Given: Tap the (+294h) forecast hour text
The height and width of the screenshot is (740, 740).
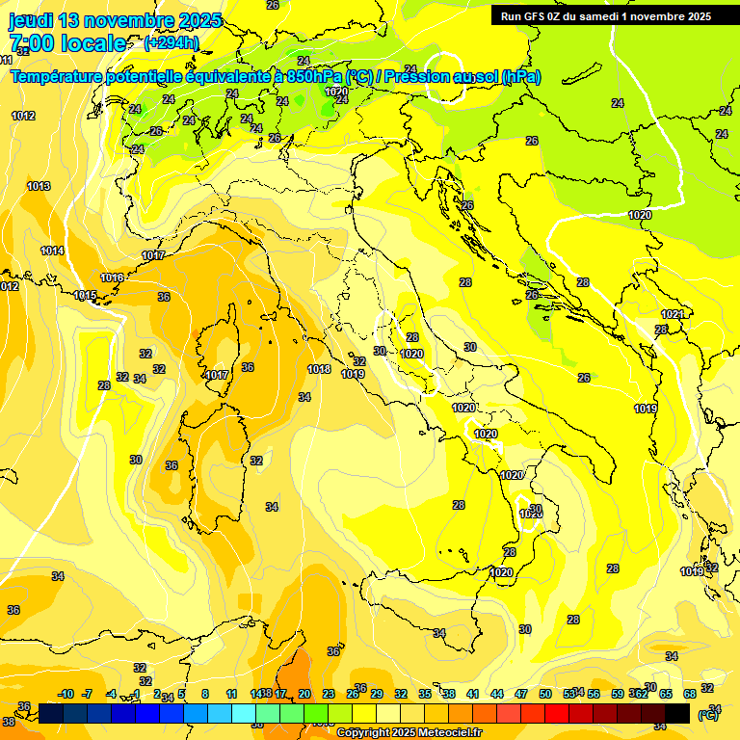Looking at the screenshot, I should pyautogui.click(x=171, y=43).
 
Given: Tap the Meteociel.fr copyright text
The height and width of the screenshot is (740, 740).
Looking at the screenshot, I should pyautogui.click(x=410, y=732).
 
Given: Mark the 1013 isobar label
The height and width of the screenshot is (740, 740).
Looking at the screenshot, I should pyautogui.click(x=39, y=187).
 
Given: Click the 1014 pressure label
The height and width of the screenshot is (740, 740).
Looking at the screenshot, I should pyautogui.click(x=52, y=251).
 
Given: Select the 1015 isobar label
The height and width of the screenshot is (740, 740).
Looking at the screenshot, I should pyautogui.click(x=85, y=296).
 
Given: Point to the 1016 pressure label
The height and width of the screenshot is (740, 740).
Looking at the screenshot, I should pyautogui.click(x=112, y=278).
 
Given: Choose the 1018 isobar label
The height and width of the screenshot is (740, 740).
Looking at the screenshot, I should pyautogui.click(x=319, y=370).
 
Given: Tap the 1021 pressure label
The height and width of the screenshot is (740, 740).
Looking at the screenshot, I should pyautogui.click(x=673, y=315).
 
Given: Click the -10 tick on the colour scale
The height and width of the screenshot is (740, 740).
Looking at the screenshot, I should pyautogui.click(x=66, y=694).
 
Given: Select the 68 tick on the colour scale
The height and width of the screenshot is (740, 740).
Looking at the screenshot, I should pyautogui.click(x=690, y=694).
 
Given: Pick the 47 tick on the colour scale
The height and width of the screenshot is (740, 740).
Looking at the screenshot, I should pyautogui.click(x=521, y=694).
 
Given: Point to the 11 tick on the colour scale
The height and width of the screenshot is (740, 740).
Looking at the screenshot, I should pyautogui.click(x=231, y=694).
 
